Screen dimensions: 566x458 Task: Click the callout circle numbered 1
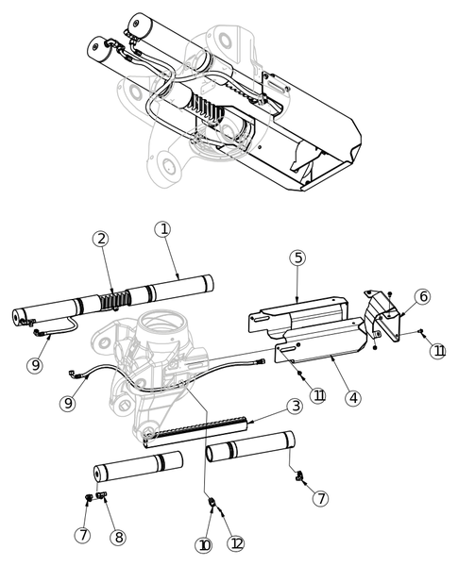coord(163,228)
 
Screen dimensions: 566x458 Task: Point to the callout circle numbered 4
coord(352,397)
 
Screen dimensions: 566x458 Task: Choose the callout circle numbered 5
coord(297,257)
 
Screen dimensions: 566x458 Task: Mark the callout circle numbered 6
coord(422,296)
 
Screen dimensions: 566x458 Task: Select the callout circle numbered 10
coord(205,544)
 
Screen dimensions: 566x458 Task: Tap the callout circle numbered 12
coord(236,544)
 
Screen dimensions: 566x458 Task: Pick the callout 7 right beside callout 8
coord(84,536)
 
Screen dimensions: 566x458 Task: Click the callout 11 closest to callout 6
coord(437,351)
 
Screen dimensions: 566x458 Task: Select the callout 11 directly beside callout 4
coord(317,396)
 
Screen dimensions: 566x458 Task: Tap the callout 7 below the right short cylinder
coord(321,497)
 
